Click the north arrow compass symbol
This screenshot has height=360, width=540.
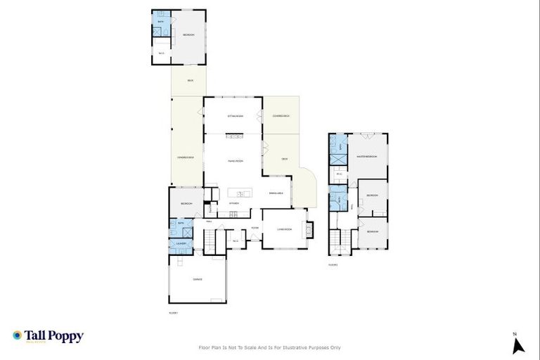pos(518,345)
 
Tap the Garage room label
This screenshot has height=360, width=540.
pos(198,280)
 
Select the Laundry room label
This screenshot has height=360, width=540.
pos(181,244)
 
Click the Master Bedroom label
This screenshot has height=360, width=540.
pos(367,156)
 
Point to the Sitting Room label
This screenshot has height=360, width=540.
pos(235,115)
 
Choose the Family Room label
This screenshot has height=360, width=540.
pos(235,162)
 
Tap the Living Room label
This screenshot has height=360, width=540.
pos(284,229)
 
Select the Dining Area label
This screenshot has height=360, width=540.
pos(276,192)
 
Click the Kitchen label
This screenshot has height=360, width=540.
pos(234,203)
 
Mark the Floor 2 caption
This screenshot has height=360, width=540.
pos(333,265)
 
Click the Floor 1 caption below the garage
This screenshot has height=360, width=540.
pos(173,312)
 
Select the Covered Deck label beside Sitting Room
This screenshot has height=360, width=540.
pos(281,115)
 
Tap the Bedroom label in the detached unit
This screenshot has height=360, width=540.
pos(188,34)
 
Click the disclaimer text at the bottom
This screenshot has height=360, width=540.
pos(270,347)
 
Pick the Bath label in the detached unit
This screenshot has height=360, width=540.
pos(161,22)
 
